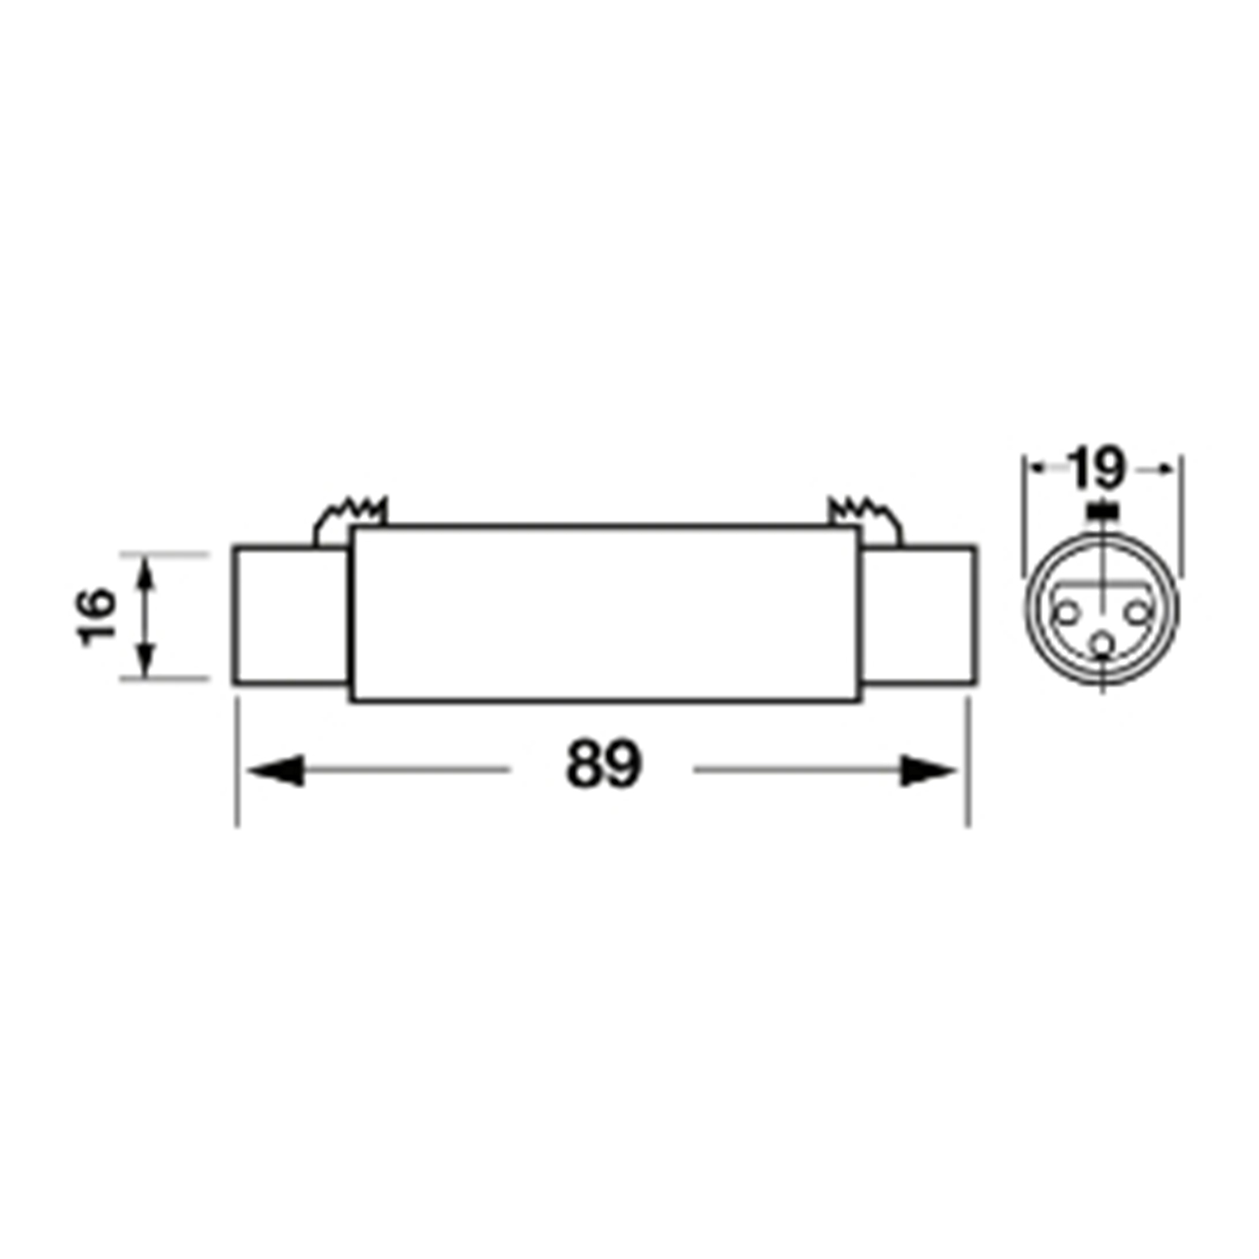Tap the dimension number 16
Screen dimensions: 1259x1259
[x=98, y=616]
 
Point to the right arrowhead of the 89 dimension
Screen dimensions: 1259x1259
[x=929, y=770]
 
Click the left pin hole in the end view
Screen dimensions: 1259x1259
[x=1067, y=611]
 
